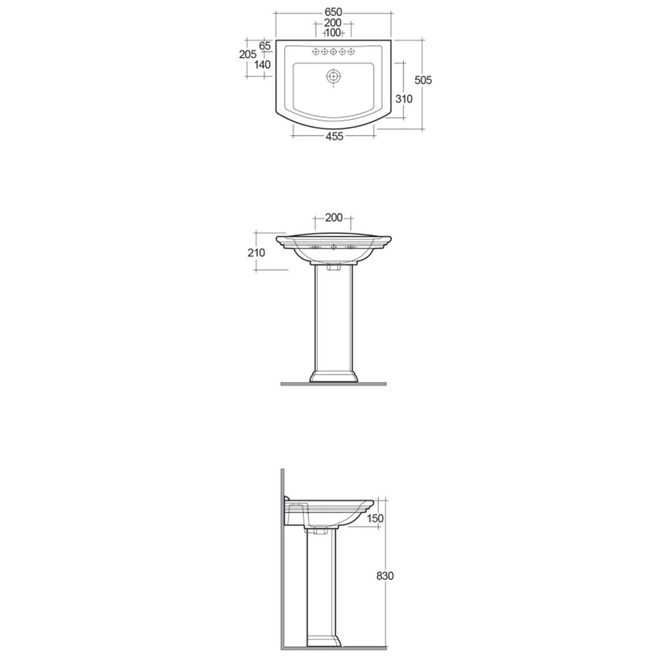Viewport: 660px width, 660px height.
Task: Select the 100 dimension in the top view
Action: [x=333, y=33]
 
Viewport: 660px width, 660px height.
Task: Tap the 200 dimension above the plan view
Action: [x=333, y=23]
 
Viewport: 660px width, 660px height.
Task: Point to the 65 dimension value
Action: [x=265, y=46]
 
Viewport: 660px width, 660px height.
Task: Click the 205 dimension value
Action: [x=247, y=55]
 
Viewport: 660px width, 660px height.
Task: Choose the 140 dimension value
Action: [x=262, y=64]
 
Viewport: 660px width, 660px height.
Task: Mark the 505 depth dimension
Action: [x=423, y=81]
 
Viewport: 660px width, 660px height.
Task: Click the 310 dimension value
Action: [x=404, y=99]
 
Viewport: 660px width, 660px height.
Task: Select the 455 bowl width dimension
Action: [x=333, y=136]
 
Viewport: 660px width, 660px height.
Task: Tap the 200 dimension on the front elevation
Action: [x=333, y=218]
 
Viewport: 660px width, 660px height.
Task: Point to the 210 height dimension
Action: [x=256, y=253]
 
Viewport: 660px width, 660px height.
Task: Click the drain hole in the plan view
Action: [x=333, y=76]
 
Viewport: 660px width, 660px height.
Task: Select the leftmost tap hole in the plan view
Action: [x=315, y=52]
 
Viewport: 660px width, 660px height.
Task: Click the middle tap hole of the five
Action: [x=333, y=52]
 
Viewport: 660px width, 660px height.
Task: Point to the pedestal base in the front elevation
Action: [x=333, y=376]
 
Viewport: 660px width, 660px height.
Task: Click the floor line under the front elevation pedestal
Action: [x=333, y=384]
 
